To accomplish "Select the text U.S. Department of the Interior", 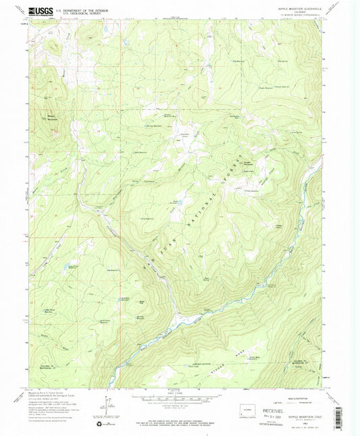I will coord(78,10).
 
